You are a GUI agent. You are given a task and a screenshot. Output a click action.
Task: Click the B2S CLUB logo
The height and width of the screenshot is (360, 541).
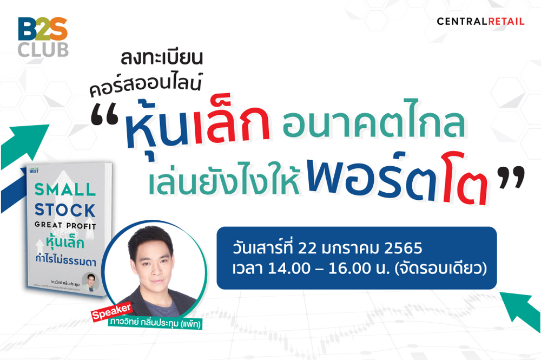click(43, 37)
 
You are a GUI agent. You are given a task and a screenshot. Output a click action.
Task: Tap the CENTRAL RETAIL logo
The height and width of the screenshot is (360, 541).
click(480, 22)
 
